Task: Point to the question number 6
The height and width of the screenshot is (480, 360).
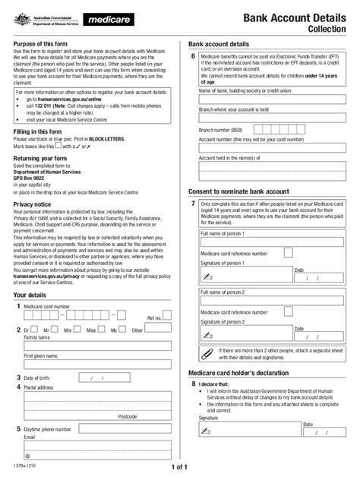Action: tap(194, 57)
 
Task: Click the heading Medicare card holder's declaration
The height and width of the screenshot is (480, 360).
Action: tap(242, 373)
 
